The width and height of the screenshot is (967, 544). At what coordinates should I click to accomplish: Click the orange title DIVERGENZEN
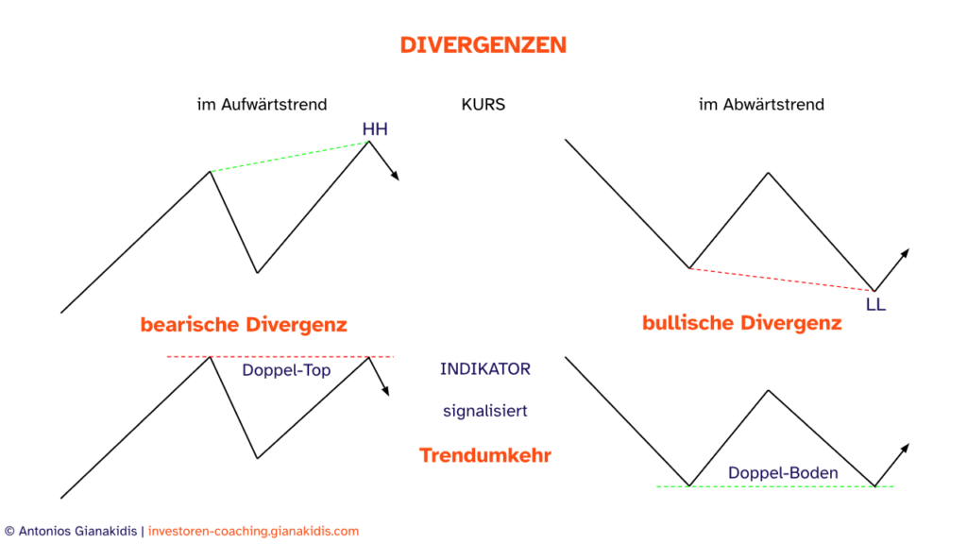pos(483,45)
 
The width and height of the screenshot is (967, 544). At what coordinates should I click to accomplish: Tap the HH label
pos(375,129)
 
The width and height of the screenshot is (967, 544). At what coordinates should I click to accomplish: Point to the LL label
pos(875,304)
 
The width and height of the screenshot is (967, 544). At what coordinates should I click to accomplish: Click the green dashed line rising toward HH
pos(289,157)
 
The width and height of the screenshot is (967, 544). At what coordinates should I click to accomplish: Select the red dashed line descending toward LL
pos(782,280)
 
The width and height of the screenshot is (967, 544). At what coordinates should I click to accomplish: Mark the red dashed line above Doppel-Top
pos(280,356)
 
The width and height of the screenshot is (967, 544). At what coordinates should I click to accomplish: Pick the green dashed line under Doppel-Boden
pos(774,486)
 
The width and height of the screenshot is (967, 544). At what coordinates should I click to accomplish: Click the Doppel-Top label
pos(286,370)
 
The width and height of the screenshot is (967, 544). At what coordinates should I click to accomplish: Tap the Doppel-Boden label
pos(783,472)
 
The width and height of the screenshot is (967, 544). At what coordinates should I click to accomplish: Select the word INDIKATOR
pos(484,369)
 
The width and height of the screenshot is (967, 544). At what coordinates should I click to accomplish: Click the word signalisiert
pos(484,412)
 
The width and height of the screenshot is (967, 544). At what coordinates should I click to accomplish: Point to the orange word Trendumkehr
pos(484,455)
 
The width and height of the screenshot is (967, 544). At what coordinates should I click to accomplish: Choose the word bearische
pos(189,325)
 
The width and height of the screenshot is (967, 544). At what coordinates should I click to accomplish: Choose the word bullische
pos(687,323)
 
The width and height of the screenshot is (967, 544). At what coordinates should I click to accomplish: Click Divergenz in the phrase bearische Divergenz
pos(296,325)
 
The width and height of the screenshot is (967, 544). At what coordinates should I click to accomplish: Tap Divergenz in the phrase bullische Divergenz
pos(790,323)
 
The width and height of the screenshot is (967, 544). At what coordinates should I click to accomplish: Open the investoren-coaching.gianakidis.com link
pos(254,532)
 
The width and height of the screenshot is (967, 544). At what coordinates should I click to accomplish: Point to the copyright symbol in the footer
pos(8,532)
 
